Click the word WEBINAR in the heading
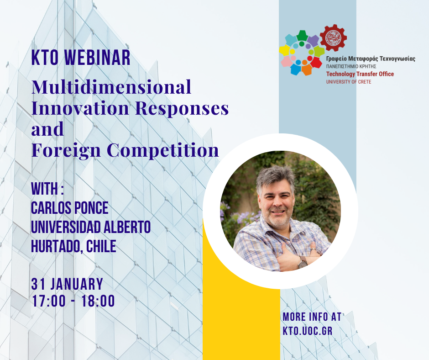click(x=97, y=58)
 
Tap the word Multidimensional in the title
click(x=111, y=87)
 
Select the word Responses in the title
click(x=182, y=108)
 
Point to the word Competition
click(x=163, y=150)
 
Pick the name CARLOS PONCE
click(x=70, y=208)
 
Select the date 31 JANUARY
click(x=67, y=284)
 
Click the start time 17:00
click(x=49, y=301)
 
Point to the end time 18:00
click(x=98, y=301)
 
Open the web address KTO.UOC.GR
click(x=308, y=331)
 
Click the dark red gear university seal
click(x=333, y=38)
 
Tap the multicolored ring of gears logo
click(x=302, y=53)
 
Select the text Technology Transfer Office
click(x=360, y=74)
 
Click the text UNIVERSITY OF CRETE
click(x=349, y=82)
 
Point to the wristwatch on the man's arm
click(x=302, y=262)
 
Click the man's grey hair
click(x=275, y=177)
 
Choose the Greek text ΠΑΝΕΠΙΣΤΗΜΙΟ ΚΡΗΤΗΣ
click(x=351, y=66)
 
